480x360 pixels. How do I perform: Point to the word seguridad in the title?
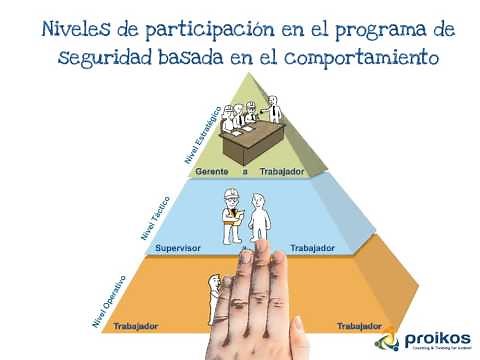[x=104, y=56]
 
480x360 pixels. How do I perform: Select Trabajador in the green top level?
[x=281, y=171]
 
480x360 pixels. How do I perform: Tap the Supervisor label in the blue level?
[x=180, y=247]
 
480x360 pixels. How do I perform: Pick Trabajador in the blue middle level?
[x=311, y=247]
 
